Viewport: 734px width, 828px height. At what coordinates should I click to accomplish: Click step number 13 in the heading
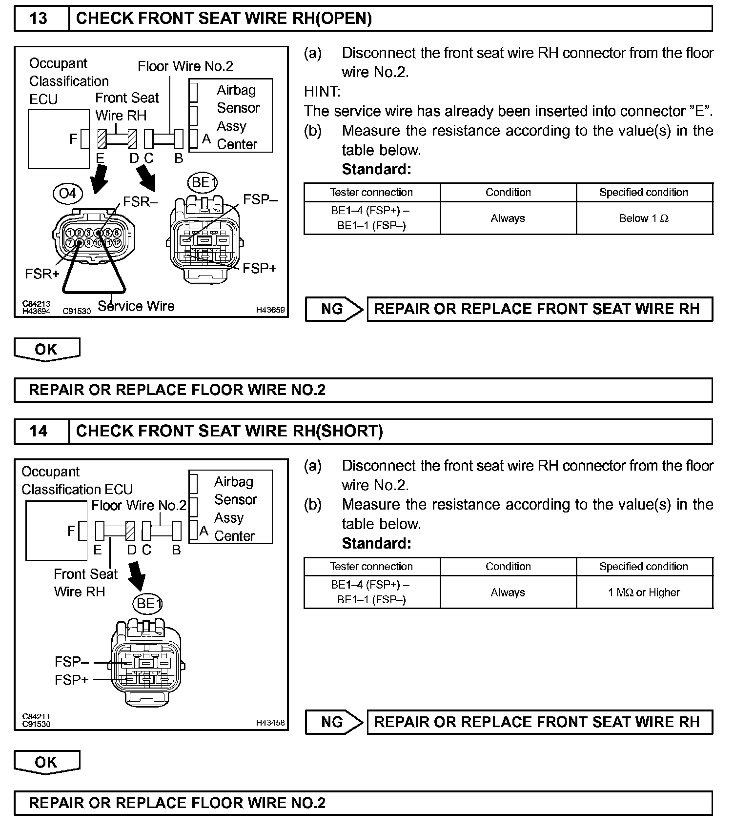pyautogui.click(x=39, y=19)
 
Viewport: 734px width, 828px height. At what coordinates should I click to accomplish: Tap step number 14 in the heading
pyautogui.click(x=39, y=431)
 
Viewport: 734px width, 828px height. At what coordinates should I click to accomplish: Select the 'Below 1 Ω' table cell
pyautogui.click(x=644, y=218)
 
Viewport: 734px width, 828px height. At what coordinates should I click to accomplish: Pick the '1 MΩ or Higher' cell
pyautogui.click(x=644, y=592)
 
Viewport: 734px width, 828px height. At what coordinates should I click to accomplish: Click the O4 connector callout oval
pyautogui.click(x=67, y=194)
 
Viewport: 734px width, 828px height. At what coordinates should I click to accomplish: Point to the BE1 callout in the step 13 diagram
pyautogui.click(x=203, y=182)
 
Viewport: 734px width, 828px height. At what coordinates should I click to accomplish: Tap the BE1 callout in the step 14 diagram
pyautogui.click(x=148, y=604)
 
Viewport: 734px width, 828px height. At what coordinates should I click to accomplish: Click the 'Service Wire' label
pyautogui.click(x=136, y=306)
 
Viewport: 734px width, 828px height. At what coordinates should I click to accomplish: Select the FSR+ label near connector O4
pyautogui.click(x=42, y=274)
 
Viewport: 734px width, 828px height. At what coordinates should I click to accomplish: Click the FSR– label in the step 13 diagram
pyautogui.click(x=141, y=202)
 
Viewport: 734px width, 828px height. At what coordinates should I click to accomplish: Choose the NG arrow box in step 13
pyautogui.click(x=334, y=309)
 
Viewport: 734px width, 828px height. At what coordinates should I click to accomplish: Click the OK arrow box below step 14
pyautogui.click(x=46, y=762)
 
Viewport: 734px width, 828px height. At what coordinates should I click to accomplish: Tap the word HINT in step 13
pyautogui.click(x=322, y=92)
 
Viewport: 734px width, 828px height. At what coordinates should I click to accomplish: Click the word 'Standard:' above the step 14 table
pyautogui.click(x=376, y=543)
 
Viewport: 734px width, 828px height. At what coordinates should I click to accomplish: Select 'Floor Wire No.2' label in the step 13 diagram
pyautogui.click(x=185, y=66)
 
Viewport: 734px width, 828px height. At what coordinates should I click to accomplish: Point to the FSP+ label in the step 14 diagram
pyautogui.click(x=71, y=680)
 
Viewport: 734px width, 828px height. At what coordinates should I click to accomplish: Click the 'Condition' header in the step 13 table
pyautogui.click(x=508, y=192)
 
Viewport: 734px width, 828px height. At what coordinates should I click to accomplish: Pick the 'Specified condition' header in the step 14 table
pyautogui.click(x=644, y=567)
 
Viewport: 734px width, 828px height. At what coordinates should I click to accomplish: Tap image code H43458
pyautogui.click(x=270, y=723)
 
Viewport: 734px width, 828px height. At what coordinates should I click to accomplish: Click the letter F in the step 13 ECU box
pyautogui.click(x=73, y=139)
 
